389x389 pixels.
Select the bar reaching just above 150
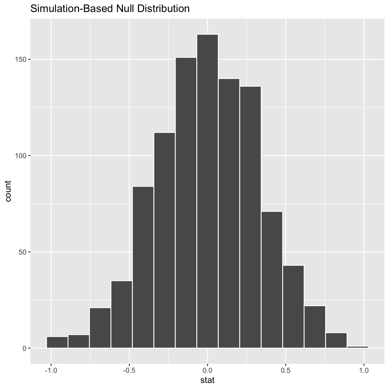186,203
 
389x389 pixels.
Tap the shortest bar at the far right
358,347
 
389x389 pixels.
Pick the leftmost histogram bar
57,342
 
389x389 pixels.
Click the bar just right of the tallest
229,213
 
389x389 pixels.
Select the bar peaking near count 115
164,240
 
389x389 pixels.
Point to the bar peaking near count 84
143,267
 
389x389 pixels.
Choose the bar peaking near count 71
272,279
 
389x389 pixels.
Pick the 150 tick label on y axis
21,59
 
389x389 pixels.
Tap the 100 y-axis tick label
21,156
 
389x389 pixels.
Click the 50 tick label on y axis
23,252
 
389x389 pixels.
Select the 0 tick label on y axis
24,348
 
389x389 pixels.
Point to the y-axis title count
8,191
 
